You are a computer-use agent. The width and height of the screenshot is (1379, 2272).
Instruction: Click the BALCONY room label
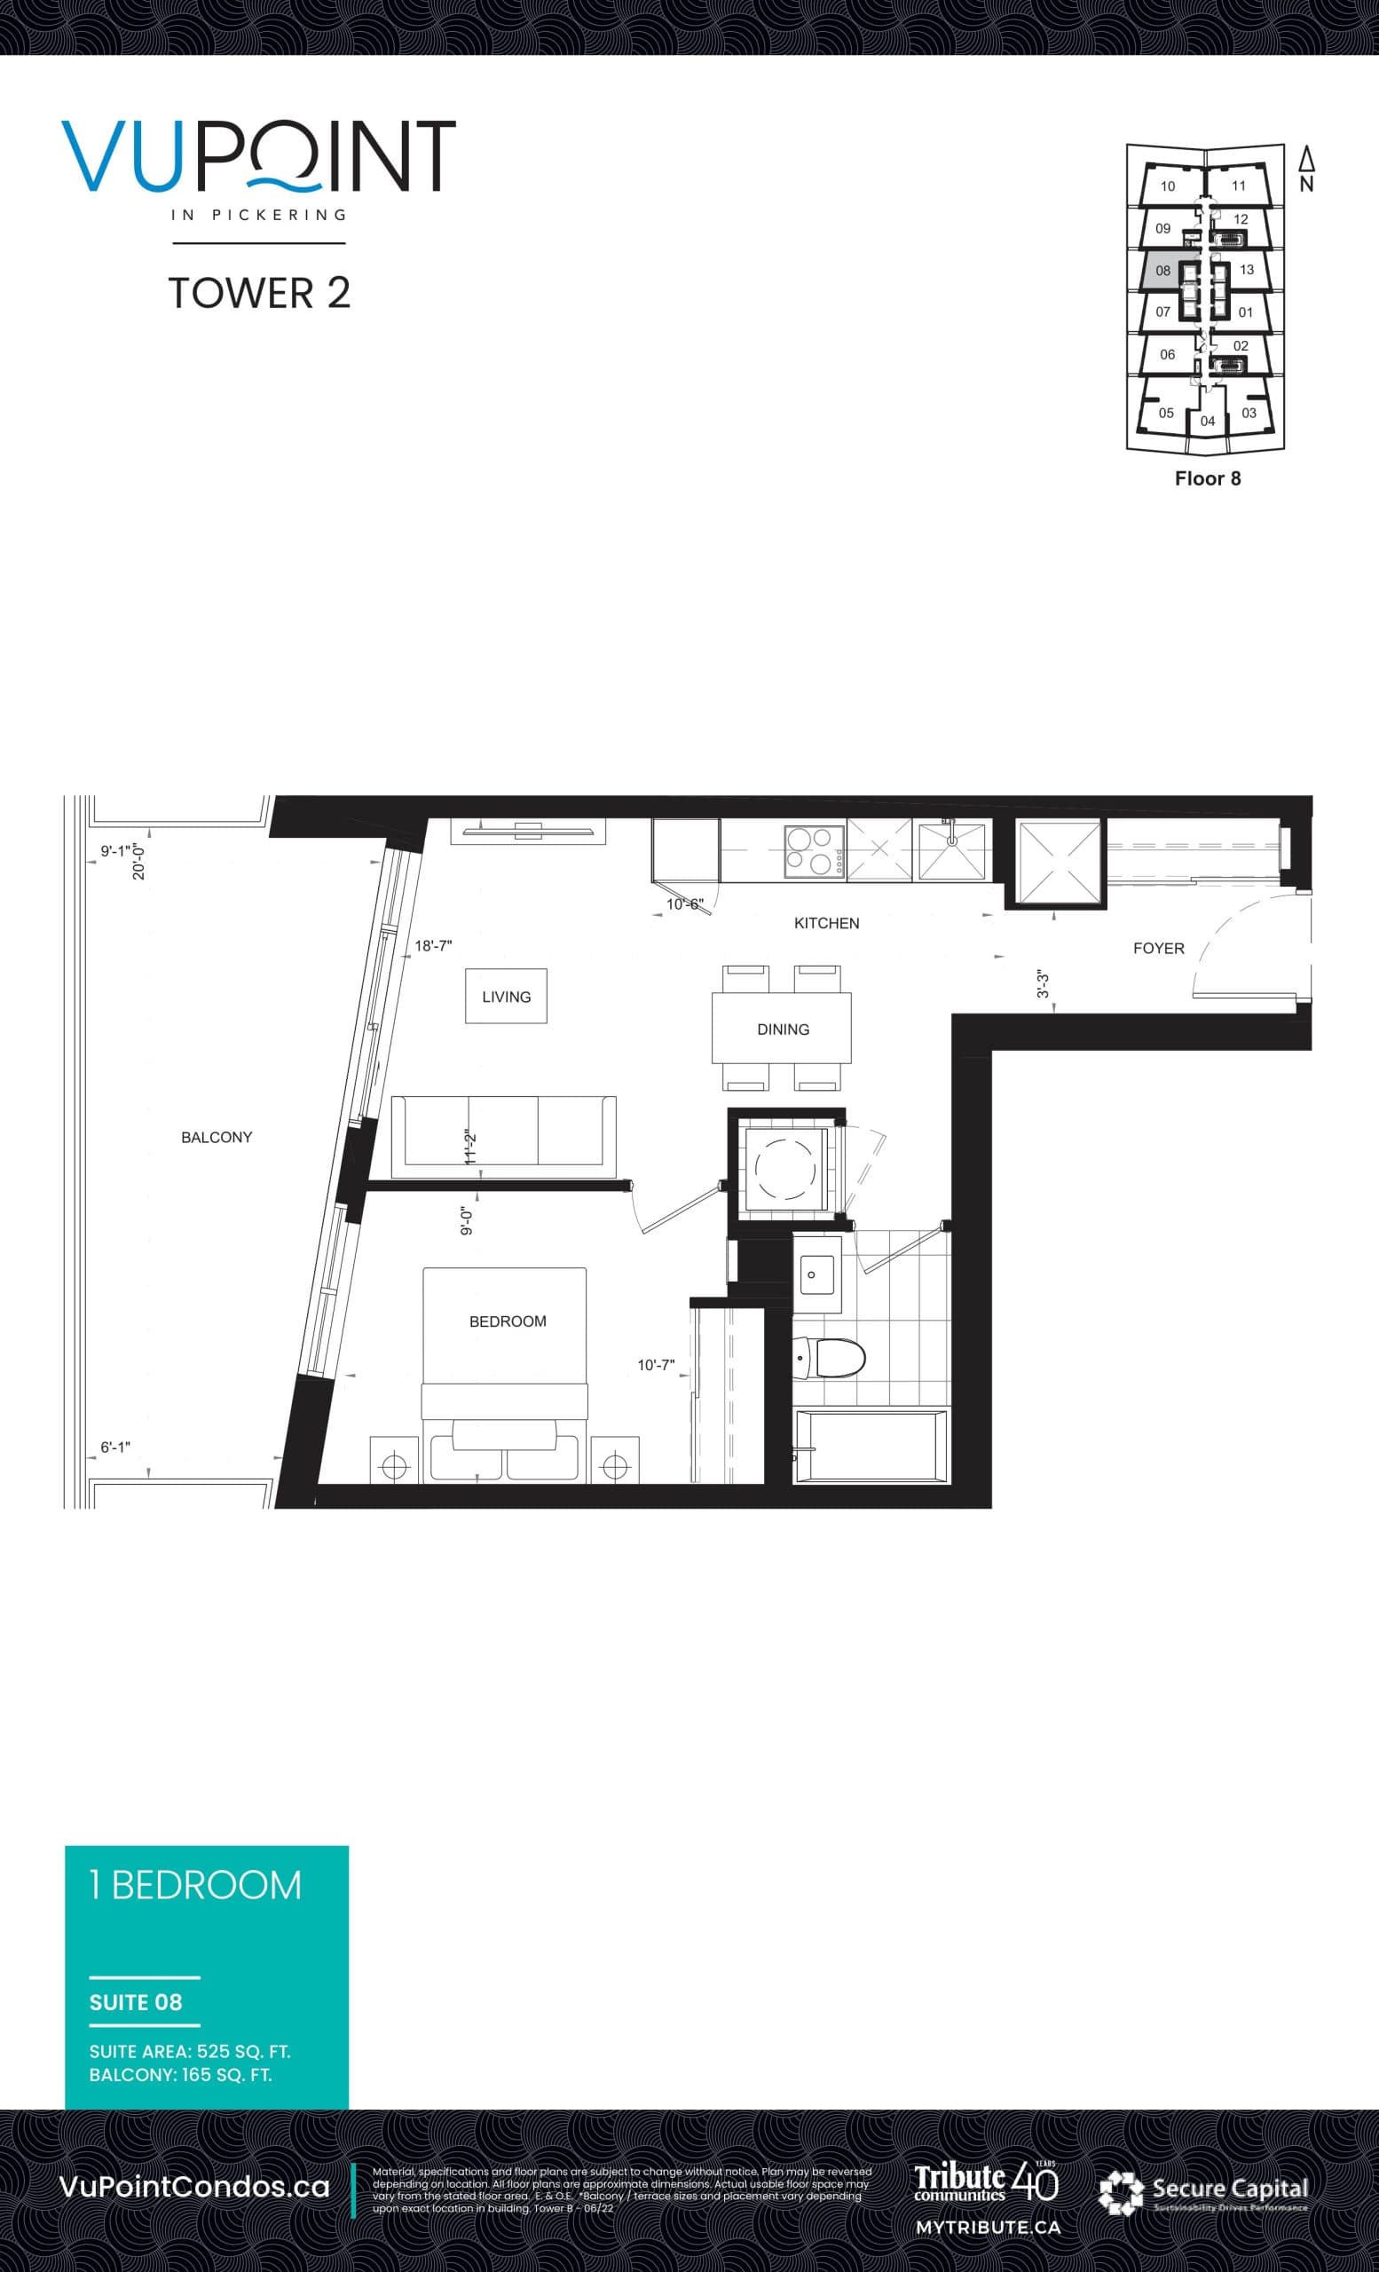[217, 1137]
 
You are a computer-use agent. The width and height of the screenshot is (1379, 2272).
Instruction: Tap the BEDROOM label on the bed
[507, 1321]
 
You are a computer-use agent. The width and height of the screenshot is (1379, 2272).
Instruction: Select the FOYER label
[1159, 948]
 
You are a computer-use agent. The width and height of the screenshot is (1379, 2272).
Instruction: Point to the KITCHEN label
[826, 923]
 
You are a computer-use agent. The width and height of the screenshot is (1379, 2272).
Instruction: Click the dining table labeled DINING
[782, 1028]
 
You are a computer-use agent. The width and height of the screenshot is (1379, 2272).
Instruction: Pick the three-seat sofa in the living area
[503, 1136]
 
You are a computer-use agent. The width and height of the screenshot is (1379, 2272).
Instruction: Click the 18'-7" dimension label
[433, 946]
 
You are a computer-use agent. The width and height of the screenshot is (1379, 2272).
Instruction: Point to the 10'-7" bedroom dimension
[657, 1365]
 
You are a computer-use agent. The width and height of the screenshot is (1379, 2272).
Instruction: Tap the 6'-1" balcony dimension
[115, 1448]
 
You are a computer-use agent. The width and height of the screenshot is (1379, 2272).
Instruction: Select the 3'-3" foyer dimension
[1044, 984]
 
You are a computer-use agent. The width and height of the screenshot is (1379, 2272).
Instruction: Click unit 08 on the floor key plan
[1162, 271]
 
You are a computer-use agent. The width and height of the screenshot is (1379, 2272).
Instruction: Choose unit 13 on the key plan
[1246, 270]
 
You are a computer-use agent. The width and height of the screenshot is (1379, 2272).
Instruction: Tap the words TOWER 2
[259, 293]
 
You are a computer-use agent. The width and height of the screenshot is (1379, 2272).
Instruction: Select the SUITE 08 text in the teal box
[136, 2003]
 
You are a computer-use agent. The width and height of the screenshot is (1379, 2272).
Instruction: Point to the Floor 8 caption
[1208, 478]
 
